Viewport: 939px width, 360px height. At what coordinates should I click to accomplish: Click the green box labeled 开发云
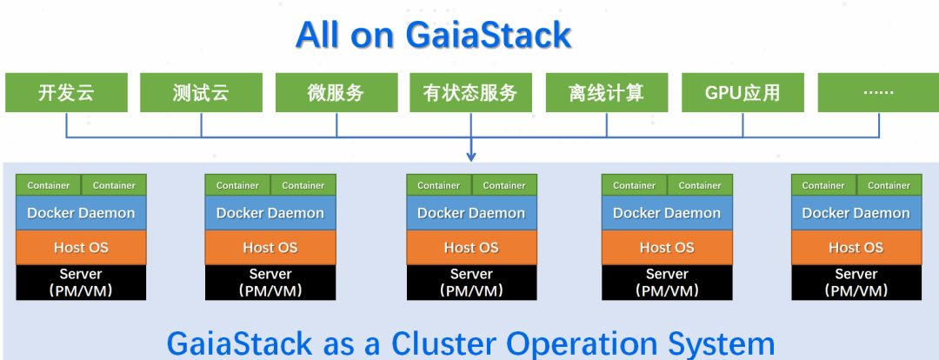point(66,93)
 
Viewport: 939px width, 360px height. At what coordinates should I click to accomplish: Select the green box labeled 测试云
point(201,93)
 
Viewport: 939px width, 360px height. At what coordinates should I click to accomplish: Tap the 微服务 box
point(336,93)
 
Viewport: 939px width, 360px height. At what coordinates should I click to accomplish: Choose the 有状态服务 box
point(470,93)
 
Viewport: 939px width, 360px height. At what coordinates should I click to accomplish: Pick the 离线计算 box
point(607,93)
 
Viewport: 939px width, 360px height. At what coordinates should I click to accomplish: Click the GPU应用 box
point(743,93)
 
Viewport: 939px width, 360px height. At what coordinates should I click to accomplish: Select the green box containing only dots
point(878,93)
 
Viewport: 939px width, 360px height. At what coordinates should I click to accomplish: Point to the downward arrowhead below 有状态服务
point(471,157)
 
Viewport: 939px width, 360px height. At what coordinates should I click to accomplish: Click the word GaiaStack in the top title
point(488,35)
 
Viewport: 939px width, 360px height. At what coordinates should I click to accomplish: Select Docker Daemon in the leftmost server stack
point(81,213)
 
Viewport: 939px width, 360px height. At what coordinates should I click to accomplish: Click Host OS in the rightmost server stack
point(856,248)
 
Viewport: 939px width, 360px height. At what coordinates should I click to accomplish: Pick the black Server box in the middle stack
point(471,282)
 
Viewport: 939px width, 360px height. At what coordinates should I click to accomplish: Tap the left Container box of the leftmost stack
point(49,185)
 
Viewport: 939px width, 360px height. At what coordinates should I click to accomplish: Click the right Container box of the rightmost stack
point(889,185)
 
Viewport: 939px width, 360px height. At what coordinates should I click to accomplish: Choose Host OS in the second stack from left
point(270,248)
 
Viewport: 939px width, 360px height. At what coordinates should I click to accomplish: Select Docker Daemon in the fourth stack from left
point(667,213)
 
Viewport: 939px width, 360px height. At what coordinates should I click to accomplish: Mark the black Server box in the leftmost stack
point(81,282)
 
